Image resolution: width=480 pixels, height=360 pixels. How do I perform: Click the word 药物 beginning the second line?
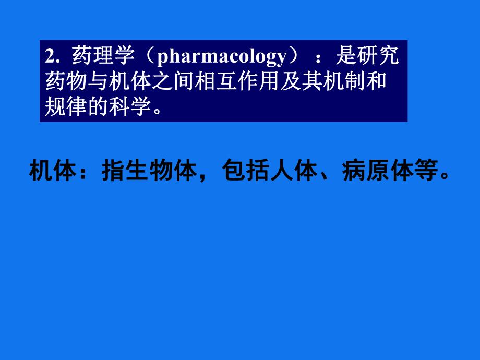pyautogui.click(x=64, y=81)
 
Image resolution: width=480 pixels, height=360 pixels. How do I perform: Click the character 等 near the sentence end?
pyautogui.click(x=427, y=172)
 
